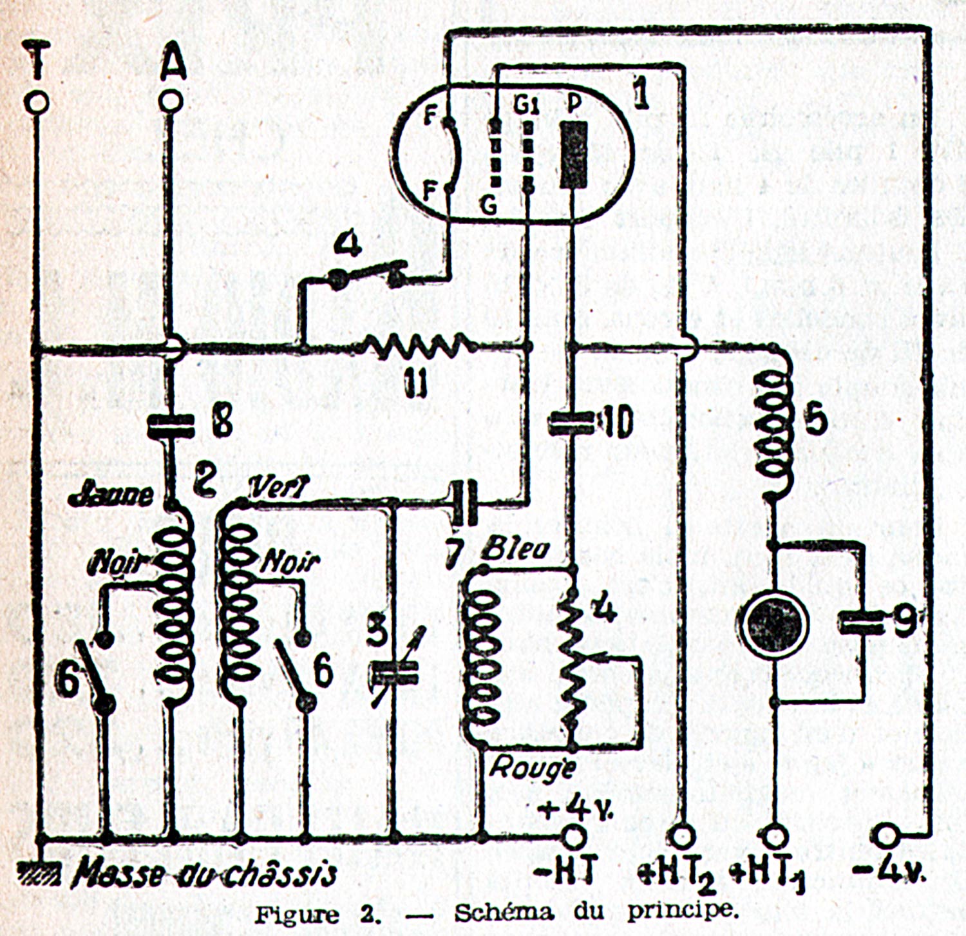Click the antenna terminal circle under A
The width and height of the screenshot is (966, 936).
coord(170,101)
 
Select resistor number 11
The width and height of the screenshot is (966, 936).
coord(419,347)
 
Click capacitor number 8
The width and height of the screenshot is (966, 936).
coord(171,425)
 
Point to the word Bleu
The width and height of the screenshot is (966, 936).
coord(516,548)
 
